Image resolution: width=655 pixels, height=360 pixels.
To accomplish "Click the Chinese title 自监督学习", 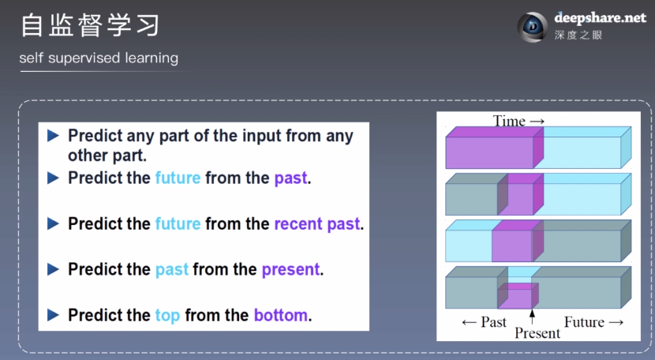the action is coord(90,25).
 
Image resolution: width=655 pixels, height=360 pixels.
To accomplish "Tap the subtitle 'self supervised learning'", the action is coord(99,58).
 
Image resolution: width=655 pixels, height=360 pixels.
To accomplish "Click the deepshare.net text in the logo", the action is coord(601,18).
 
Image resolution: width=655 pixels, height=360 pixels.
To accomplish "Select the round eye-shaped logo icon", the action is coord(532,27).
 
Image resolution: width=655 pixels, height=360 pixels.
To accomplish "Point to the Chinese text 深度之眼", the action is coord(578,35).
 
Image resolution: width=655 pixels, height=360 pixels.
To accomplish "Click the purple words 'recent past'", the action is coord(317,223).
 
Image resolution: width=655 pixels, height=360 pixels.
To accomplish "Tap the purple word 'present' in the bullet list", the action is coord(290,270).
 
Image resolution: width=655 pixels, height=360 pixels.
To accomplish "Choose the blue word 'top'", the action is coord(167,316).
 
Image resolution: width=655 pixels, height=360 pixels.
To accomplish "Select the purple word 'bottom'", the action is coord(281,315).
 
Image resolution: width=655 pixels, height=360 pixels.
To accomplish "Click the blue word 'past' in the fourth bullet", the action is coord(172,270).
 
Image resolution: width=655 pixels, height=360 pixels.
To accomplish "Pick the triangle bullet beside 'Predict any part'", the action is coord(53,136).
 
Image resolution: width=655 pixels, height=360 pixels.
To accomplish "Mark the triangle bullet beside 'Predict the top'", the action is coord(53,315).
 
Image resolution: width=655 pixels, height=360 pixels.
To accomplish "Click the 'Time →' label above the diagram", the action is coord(518,121).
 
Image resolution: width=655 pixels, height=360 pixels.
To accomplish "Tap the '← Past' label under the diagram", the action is coord(485,322).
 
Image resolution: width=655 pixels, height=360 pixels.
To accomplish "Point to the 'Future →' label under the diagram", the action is coord(593,322).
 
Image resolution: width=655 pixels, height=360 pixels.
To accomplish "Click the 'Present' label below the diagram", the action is coord(537,333).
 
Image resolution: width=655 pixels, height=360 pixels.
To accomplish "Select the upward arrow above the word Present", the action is coord(532,317).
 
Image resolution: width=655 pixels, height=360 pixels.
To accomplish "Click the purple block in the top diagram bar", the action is coord(495,148).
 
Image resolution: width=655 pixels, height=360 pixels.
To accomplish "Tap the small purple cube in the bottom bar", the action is coord(518,295).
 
